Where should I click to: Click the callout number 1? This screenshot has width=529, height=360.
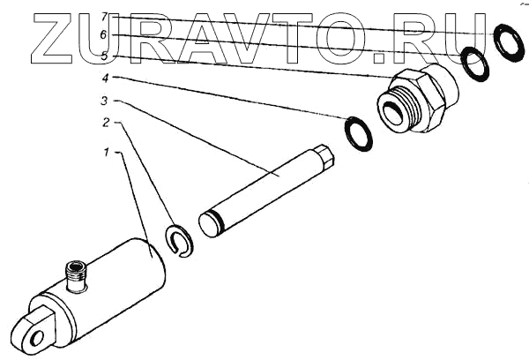pyautogui.click(x=107, y=152)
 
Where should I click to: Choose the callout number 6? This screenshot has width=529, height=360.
pyautogui.click(x=105, y=34)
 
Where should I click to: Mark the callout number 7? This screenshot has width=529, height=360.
pyautogui.click(x=105, y=17)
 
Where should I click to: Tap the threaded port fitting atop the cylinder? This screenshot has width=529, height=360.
pyautogui.click(x=78, y=275)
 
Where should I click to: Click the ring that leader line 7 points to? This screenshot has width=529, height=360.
pyautogui.click(x=507, y=42)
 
